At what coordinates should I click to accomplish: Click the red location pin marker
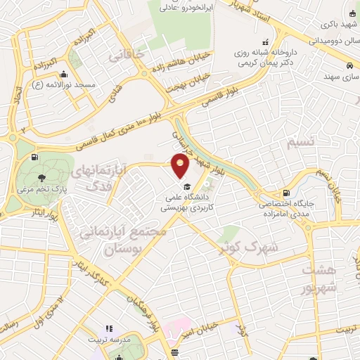pos(181,166)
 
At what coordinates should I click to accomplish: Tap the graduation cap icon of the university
pos(187,186)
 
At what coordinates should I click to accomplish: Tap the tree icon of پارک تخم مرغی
pos(43,177)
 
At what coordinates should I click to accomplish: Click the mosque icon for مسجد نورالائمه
pos(64,75)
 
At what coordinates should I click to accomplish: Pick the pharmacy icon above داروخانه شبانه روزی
pos(265,41)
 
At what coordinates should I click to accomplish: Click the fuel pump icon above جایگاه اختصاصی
pos(285,193)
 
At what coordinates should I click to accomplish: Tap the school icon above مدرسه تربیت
pos(109,328)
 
